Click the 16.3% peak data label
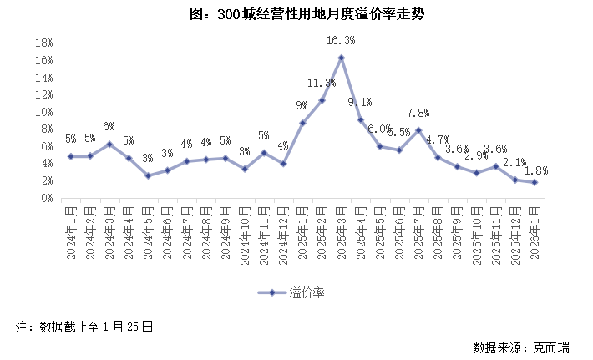341,40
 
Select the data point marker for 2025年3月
341,58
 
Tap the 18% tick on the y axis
43,43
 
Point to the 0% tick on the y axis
46,199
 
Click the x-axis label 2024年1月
71,231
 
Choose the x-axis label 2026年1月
534,231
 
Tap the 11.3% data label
322,83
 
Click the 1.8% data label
535,170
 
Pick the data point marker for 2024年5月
148,175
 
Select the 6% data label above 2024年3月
109,127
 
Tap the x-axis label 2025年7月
418,231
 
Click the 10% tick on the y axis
43,112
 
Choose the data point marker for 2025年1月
302,123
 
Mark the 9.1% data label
360,102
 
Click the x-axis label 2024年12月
283,232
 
